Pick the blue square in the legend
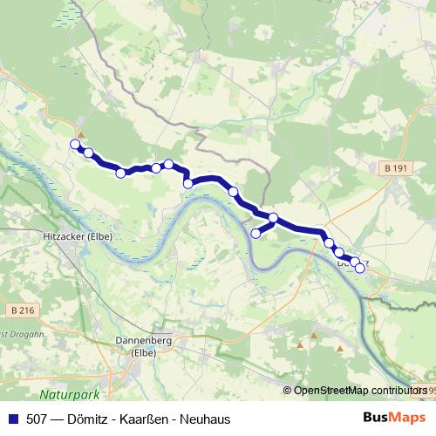point(12,419)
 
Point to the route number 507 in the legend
point(37,419)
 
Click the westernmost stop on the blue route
point(75,145)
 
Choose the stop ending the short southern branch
point(256,233)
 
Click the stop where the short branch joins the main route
point(273,218)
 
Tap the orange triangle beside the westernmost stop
point(81,134)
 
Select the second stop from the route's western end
point(88,153)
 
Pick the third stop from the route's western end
point(121,173)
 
